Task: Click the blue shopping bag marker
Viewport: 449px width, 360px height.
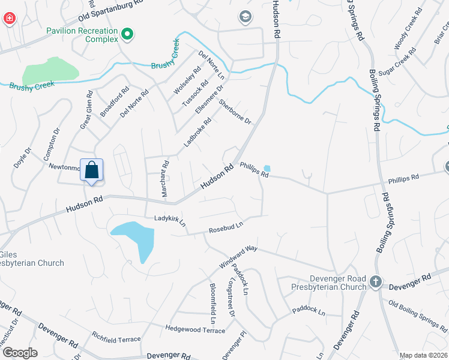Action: (91, 170)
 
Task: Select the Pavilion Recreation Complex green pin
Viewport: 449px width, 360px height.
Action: (127, 34)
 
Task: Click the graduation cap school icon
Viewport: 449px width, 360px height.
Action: (245, 17)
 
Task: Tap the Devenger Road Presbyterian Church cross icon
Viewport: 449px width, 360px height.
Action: (376, 281)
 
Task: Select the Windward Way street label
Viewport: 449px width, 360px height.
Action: (238, 256)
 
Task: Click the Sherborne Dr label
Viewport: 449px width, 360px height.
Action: (234, 112)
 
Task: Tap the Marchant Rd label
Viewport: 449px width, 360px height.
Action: (165, 179)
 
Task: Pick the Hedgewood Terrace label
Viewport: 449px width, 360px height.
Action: (195, 328)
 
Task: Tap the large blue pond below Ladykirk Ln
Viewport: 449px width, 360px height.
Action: (136, 236)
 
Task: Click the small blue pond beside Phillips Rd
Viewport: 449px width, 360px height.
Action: (267, 169)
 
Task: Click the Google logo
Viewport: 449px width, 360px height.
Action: (19, 352)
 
